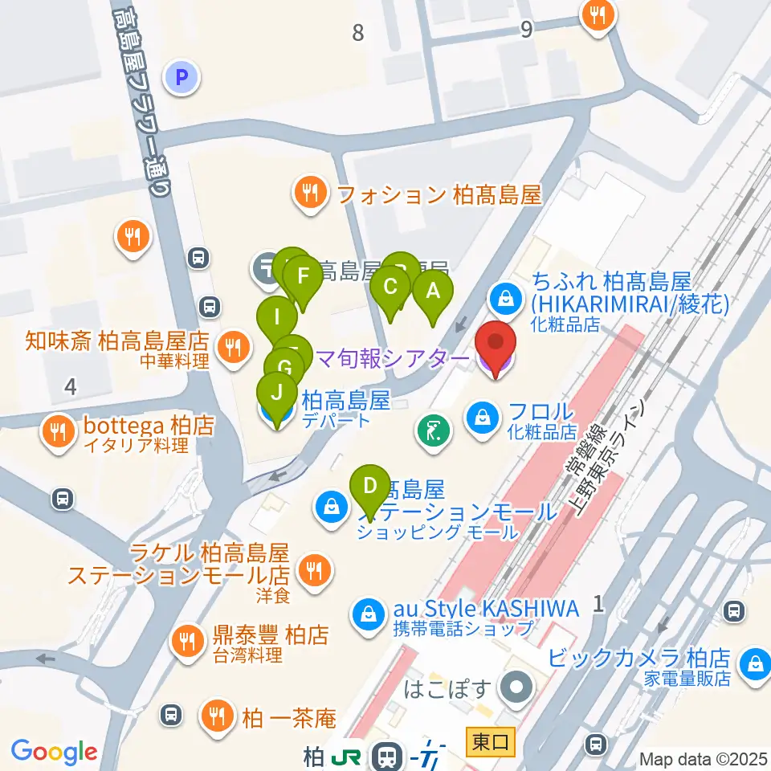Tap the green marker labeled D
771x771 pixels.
coord(370,487)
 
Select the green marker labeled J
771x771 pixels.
coord(277,394)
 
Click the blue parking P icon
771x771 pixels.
coord(182,79)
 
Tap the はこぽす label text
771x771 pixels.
coord(448,688)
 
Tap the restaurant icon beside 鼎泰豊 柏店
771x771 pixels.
coord(187,639)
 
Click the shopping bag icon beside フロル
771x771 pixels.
coord(483,416)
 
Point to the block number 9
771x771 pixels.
coord(526,31)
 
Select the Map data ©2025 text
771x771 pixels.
coord(700,758)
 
